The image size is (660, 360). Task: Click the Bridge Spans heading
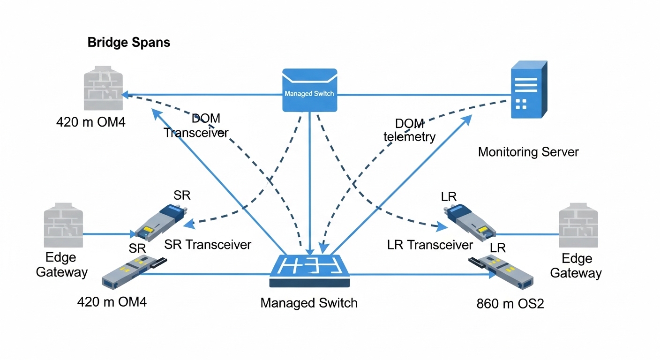pyautogui.click(x=128, y=43)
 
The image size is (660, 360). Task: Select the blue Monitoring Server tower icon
pyautogui.click(x=528, y=90)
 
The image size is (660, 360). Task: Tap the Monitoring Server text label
pyautogui.click(x=528, y=152)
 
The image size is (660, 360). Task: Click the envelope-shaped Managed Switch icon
pyautogui.click(x=309, y=90)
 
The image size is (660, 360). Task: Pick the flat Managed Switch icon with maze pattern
pyautogui.click(x=309, y=271)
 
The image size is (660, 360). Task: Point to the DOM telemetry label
pyautogui.click(x=409, y=130)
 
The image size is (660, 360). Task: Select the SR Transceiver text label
pyautogui.click(x=208, y=245)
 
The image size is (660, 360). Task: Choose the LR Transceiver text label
pyautogui.click(x=430, y=245)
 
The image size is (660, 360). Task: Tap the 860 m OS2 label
pyautogui.click(x=510, y=303)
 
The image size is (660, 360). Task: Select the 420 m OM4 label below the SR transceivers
pyautogui.click(x=112, y=302)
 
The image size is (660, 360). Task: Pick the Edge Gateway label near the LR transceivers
pyautogui.click(x=576, y=266)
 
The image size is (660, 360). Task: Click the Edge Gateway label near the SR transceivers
pyautogui.click(x=62, y=265)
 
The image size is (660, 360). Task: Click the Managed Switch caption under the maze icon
pyautogui.click(x=308, y=303)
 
